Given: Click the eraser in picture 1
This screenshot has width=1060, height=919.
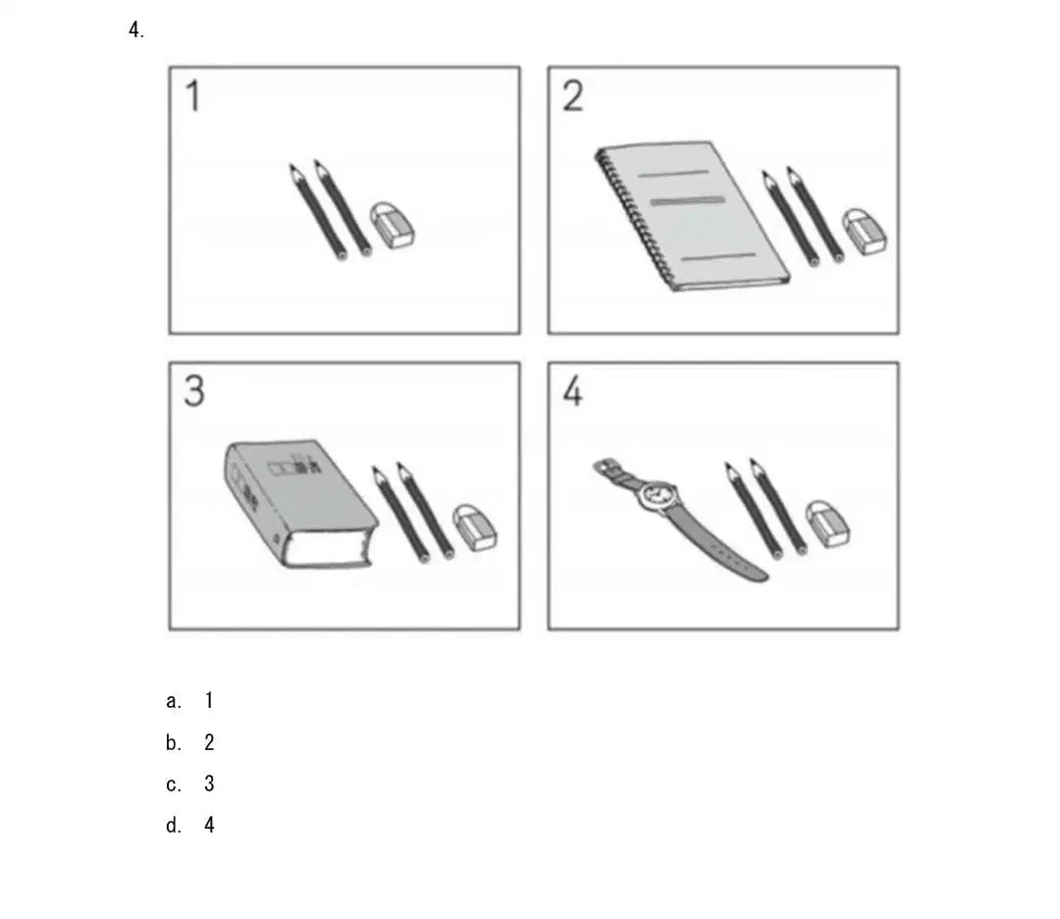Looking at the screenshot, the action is (392, 225).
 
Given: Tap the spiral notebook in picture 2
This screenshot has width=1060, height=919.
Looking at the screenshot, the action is (691, 216).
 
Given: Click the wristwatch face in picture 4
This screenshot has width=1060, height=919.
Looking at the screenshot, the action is (658, 494).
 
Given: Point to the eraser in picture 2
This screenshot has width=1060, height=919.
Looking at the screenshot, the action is (864, 232).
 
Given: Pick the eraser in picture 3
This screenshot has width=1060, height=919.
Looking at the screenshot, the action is (475, 527).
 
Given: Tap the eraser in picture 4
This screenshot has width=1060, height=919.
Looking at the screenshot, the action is (828, 523).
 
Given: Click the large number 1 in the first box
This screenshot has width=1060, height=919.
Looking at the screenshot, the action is (192, 95).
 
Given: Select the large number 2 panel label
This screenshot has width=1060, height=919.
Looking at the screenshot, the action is (572, 95).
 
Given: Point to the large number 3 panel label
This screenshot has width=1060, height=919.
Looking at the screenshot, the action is (194, 391).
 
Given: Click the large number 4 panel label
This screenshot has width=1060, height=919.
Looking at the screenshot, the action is (572, 391).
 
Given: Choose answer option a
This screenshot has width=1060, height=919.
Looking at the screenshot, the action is (190, 701).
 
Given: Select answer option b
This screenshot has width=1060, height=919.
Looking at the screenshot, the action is (190, 742).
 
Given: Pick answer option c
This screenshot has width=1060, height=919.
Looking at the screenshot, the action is (190, 784).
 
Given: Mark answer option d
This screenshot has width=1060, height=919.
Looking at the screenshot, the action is (190, 825).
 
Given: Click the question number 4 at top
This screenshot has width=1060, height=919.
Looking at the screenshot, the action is (135, 29).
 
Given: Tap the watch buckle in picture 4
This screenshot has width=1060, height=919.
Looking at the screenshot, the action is (603, 466).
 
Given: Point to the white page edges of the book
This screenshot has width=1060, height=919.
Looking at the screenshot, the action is (327, 549).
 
